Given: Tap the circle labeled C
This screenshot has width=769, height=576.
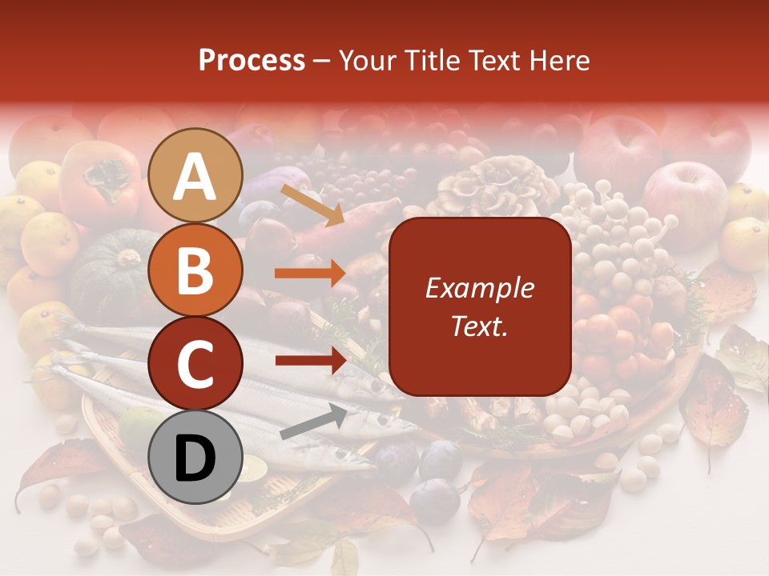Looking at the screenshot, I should coord(195,363).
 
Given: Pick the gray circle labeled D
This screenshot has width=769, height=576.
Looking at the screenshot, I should coord(195,457).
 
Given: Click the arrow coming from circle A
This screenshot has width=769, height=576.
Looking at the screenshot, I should coord(312,205).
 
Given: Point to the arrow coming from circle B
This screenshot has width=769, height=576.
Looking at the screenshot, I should coord(310,273).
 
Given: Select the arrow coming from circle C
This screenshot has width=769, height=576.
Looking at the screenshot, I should coord(310,360).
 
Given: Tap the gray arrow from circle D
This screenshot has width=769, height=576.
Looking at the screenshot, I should coord(313,422).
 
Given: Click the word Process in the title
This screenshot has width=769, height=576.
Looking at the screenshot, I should coord(252,61).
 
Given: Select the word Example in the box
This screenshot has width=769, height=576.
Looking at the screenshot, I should coord(479,289).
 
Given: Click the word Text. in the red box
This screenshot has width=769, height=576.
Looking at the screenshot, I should coord(479,326).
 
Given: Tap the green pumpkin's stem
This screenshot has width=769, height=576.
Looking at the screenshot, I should coord(128,258).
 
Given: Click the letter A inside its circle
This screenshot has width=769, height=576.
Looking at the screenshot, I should coord(195,177).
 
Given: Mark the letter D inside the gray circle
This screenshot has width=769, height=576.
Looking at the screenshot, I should coord(195,458).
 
